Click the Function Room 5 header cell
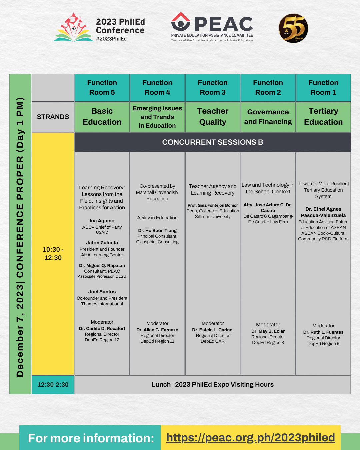[102, 88]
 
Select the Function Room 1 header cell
[323, 88]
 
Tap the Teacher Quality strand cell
[213, 117]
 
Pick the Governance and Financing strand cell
[268, 117]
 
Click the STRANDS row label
[53, 117]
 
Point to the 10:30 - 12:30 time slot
[53, 254]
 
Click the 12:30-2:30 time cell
[53, 385]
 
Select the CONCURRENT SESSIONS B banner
[213, 142]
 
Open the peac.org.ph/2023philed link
[251, 437]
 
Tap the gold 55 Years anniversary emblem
[293, 28]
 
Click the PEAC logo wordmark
[223, 24]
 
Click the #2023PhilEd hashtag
[111, 39]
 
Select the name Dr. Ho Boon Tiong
[157, 230]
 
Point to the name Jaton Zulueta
[102, 243]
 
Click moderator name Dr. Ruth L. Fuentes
[323, 332]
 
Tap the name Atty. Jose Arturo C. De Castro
[268, 208]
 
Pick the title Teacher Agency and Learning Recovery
[213, 190]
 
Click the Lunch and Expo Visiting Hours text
[213, 385]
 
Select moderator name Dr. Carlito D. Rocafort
[102, 328]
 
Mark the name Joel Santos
[102, 292]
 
